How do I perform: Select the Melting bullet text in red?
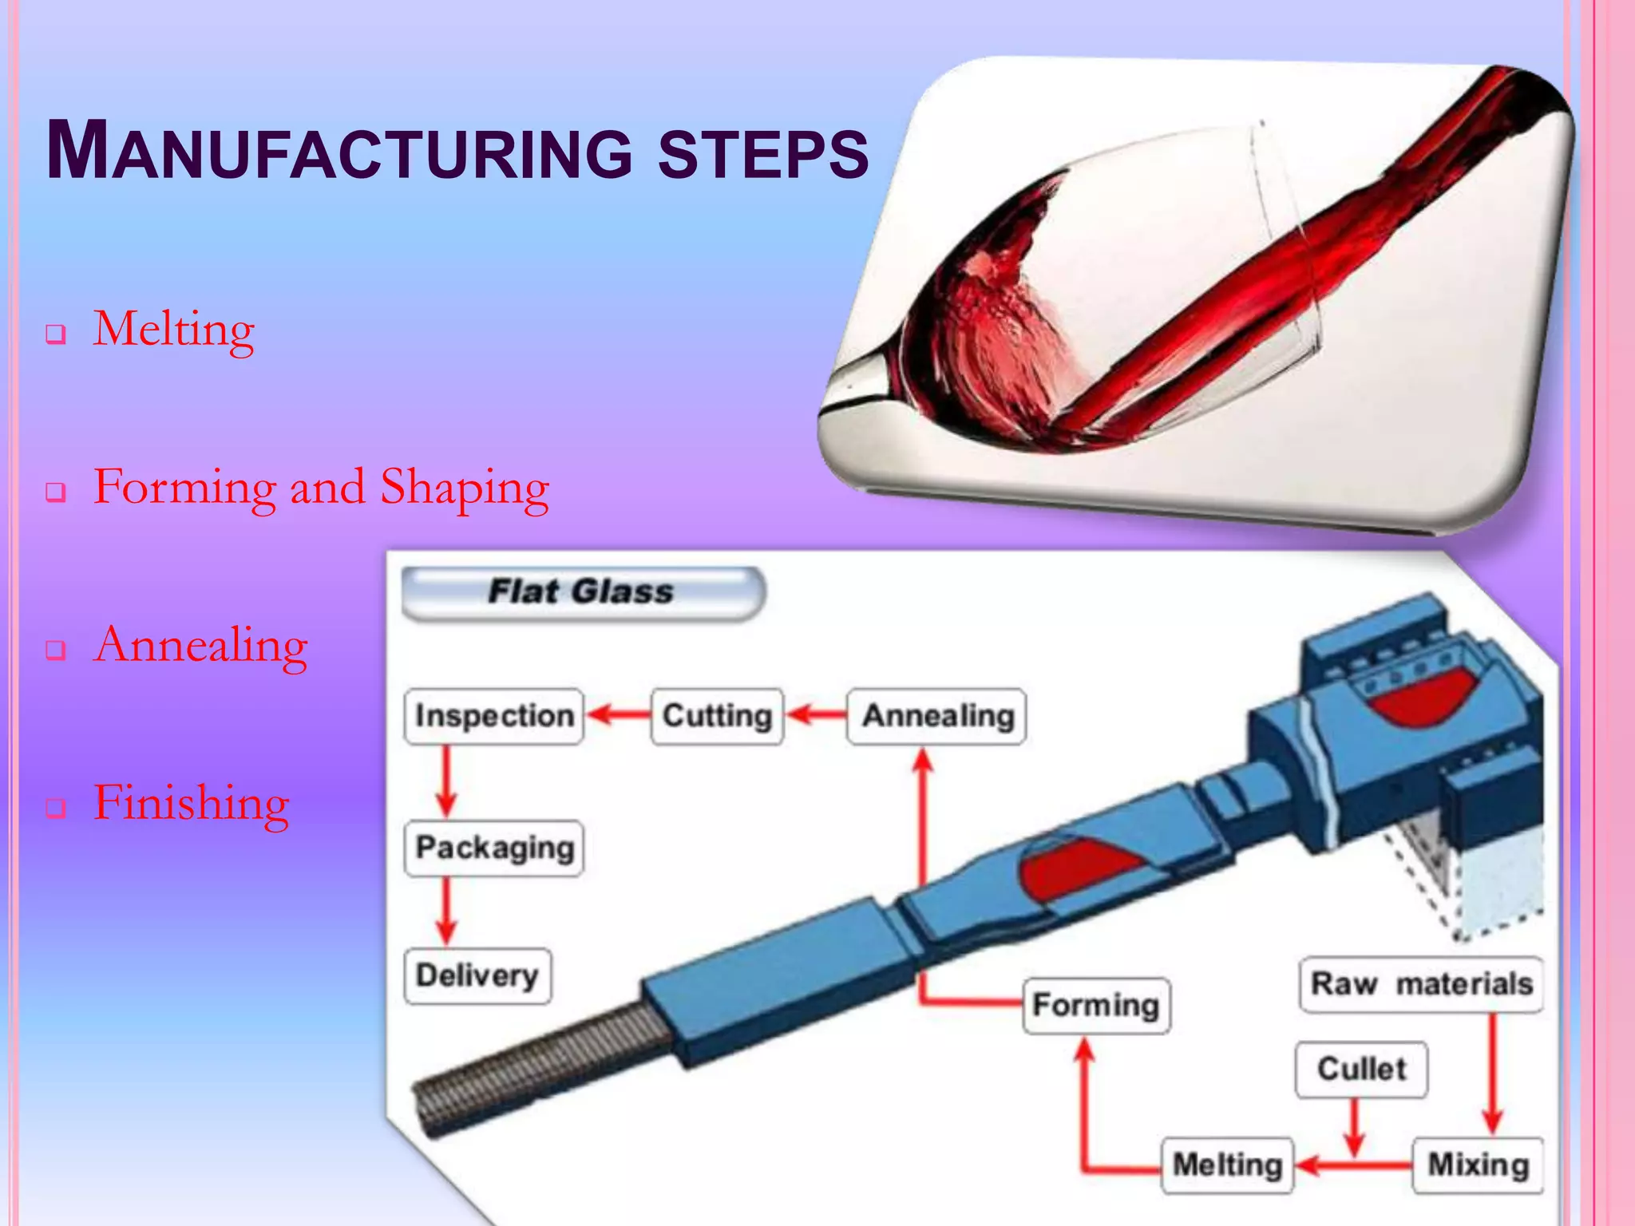coord(174,328)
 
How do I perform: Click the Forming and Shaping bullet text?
coord(321,486)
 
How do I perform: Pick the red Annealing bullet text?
coord(200,644)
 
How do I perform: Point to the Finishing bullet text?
coord(192,802)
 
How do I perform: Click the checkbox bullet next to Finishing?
coord(55,808)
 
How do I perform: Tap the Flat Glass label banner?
coord(582,592)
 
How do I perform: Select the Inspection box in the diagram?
coord(494,716)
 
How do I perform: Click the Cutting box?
coord(717,716)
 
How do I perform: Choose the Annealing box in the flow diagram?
coord(937,716)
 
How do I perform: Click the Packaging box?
coord(494,848)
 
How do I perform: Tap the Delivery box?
coord(477,975)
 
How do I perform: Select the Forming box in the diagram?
coord(1096,1005)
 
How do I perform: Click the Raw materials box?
coord(1421,984)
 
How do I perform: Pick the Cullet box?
coord(1361,1069)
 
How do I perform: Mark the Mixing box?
coord(1478,1165)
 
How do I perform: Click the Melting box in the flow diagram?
coord(1227,1165)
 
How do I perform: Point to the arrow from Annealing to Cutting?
coord(816,714)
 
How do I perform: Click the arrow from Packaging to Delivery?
coord(446,911)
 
